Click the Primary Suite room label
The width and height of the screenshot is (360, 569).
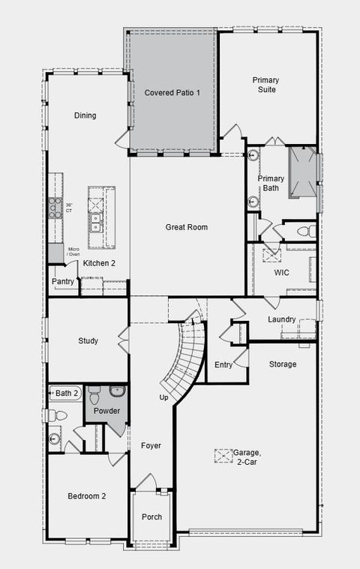pos(265,84)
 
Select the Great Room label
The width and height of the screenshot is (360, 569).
pos(187,227)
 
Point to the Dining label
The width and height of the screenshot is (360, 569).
pos(85,115)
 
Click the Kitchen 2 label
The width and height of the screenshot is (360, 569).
pos(99,263)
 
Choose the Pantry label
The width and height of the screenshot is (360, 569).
pos(63,282)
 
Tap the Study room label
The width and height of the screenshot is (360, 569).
pos(88,341)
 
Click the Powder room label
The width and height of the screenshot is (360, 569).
pos(106,411)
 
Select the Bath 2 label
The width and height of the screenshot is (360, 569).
pos(67,393)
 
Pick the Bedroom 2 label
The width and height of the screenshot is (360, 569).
pos(87,496)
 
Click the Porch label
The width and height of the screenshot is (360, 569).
pos(151,517)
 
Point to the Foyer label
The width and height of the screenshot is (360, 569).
pos(151,445)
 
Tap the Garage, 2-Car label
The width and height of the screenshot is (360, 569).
pos(246,457)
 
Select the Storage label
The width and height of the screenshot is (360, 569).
pos(282,364)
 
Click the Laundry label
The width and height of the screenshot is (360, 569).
pos(282,320)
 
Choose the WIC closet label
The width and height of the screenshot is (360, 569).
pos(282,272)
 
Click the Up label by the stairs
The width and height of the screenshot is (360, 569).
pos(163,397)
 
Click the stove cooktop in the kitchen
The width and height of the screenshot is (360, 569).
pos(55,208)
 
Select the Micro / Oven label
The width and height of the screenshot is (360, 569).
pos(73,252)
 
